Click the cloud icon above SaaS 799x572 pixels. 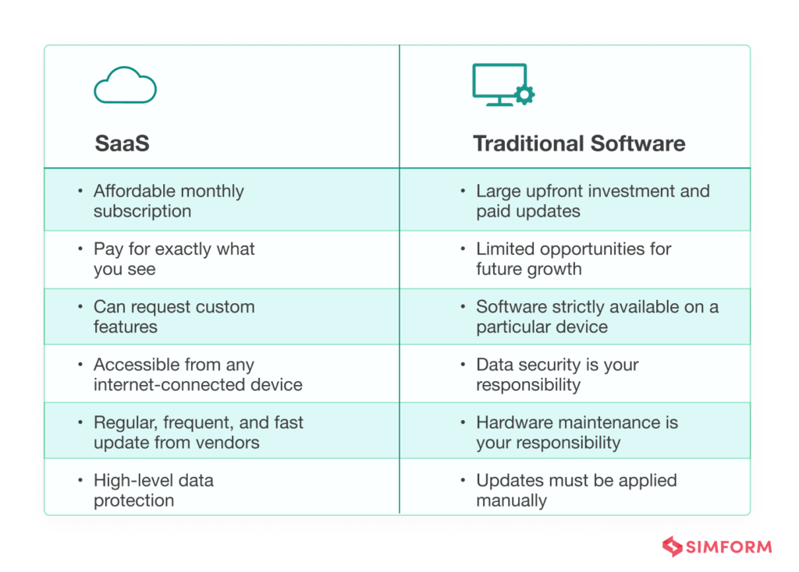coord(125,85)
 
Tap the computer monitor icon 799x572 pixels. coord(499,84)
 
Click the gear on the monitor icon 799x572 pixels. coord(525,95)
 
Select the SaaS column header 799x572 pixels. coord(122,143)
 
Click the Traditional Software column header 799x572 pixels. coord(579,143)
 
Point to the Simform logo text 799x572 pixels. coord(729,546)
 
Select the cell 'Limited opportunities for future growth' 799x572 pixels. coord(574,259)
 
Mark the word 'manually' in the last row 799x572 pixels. coord(511,500)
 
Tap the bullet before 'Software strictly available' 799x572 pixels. coord(462,307)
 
